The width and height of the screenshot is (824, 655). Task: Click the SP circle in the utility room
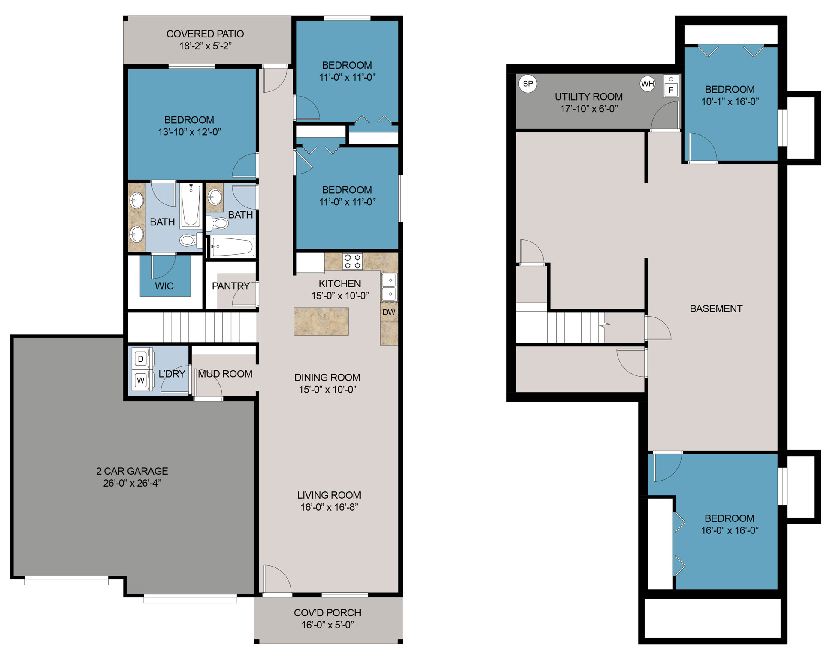click(528, 84)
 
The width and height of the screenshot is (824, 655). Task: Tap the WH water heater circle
click(648, 84)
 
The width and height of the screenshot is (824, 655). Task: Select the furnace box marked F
click(671, 90)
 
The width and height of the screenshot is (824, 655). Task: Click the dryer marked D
click(141, 359)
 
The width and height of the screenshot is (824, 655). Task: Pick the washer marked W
click(141, 380)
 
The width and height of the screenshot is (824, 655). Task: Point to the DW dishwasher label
click(389, 312)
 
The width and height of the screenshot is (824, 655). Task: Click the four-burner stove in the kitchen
click(352, 261)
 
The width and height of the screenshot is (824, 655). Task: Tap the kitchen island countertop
click(321, 321)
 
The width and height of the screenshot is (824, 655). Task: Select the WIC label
click(164, 286)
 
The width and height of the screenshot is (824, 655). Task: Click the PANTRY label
click(231, 286)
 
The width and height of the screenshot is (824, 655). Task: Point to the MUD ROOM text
click(225, 374)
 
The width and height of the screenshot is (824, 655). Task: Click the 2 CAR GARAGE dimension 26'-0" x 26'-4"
click(132, 483)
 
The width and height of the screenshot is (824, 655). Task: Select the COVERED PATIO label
click(205, 34)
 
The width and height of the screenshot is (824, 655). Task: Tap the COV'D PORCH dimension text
click(327, 625)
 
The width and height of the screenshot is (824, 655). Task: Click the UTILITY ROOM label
click(589, 97)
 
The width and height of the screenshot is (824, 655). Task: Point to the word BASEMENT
click(716, 308)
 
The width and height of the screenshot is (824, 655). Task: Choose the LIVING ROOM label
click(329, 495)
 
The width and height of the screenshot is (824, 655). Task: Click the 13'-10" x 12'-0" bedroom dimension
click(189, 132)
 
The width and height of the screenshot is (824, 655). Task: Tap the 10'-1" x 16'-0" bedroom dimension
click(730, 102)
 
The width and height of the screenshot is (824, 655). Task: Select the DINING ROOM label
click(327, 378)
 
